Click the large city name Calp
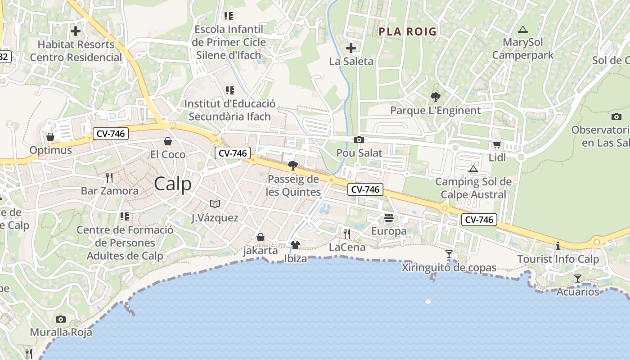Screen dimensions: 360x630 (x=173, y=184)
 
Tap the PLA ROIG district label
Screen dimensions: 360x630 (x=408, y=31)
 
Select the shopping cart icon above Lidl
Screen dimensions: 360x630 (x=497, y=145)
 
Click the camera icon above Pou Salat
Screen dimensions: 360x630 (x=359, y=140)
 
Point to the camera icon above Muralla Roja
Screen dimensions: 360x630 (x=61, y=319)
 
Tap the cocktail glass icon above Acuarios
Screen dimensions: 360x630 (x=578, y=279)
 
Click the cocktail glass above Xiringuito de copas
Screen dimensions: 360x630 (x=449, y=254)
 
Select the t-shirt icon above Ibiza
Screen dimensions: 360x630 (x=295, y=245)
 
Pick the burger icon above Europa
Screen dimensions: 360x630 (x=389, y=218)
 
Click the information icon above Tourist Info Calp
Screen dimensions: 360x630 (x=558, y=246)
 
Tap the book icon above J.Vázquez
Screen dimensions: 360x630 (x=215, y=204)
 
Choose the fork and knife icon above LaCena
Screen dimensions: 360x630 (x=347, y=234)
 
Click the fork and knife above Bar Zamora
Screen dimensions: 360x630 (x=109, y=178)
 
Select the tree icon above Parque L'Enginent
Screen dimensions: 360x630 (x=435, y=97)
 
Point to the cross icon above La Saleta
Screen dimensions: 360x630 (x=351, y=48)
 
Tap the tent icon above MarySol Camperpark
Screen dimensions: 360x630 (x=522, y=30)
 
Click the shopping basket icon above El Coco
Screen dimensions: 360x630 (x=168, y=141)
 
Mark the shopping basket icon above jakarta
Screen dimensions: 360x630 (x=261, y=237)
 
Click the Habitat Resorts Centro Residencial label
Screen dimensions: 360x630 (x=76, y=51)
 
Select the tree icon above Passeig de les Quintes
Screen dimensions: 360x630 (x=293, y=166)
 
